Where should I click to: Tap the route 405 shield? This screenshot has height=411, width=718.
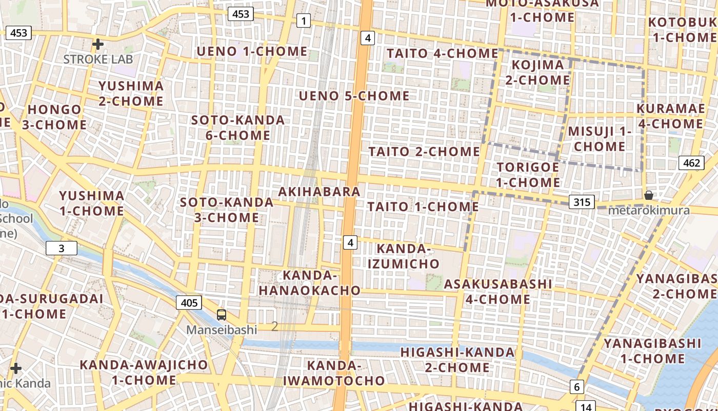pos(189,303)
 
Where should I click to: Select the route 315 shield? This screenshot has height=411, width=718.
pos(582,202)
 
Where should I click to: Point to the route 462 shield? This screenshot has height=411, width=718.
pos(691,163)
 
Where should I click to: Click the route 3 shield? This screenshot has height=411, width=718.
pos(62,249)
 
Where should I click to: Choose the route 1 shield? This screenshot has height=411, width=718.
pos(304,21)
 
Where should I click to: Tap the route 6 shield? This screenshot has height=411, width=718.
pos(577,387)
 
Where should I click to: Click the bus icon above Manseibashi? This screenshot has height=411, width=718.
pos(222,315)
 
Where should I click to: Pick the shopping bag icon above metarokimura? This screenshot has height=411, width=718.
pos(649,195)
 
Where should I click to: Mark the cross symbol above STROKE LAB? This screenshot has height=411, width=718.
pos(97,44)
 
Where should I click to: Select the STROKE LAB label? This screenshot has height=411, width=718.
pos(98,59)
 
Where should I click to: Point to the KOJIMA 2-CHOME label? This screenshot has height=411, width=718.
pos(537,72)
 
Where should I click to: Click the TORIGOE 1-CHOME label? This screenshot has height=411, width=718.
pos(528,175)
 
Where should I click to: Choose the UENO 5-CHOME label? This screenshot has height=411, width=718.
pos(354,96)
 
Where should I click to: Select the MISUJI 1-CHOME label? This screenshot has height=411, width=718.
pos(600,139)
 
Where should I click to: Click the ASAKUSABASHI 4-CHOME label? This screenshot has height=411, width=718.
pos(498,291)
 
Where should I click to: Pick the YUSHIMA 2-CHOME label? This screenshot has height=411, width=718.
pos(131,94)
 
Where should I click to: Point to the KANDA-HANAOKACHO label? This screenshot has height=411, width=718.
pos(310,283)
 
